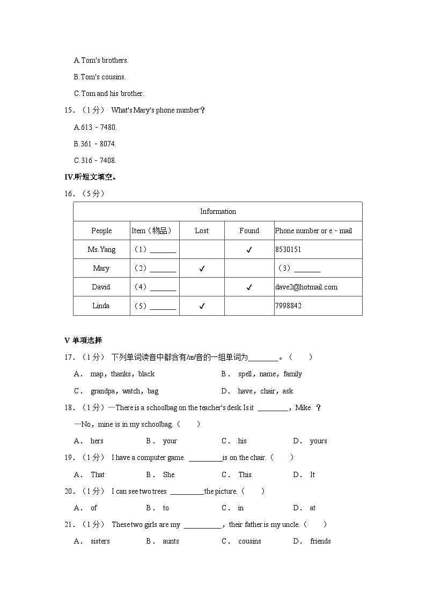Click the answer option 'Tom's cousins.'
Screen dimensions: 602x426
pos(100,77)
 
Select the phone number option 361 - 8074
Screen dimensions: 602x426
pos(95,144)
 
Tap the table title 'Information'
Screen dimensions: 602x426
pos(218,212)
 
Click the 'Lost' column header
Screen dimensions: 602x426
pos(202,231)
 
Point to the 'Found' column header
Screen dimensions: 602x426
pos(249,231)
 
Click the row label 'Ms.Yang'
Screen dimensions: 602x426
pos(101,249)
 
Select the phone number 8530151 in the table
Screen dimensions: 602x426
pos(288,249)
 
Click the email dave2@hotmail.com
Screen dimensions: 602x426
pos(306,287)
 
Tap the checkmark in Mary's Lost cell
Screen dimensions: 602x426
pos(202,269)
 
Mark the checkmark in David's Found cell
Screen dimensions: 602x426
pos(249,287)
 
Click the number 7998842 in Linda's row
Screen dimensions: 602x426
pos(288,306)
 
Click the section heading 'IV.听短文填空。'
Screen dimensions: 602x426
pos(91,177)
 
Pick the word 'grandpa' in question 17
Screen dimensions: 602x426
pos(102,391)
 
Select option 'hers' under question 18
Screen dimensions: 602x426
pos(97,441)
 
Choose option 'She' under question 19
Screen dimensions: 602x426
pos(168,474)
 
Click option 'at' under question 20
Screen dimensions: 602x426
pos(312,508)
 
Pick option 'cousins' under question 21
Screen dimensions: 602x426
pos(249,541)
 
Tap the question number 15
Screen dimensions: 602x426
pos(68,110)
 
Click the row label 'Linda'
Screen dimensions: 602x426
pos(101,306)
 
